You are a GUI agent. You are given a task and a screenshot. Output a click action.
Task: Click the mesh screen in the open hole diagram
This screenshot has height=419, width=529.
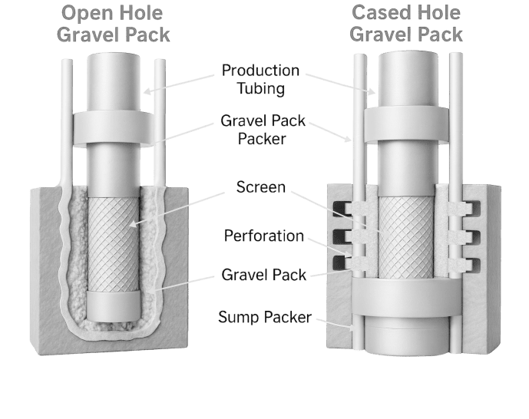(x=114, y=242)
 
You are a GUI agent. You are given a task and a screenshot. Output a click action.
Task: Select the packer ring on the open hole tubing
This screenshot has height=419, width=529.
(x=114, y=130)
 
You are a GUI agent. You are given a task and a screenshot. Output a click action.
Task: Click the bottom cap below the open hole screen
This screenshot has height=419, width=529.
(x=114, y=305)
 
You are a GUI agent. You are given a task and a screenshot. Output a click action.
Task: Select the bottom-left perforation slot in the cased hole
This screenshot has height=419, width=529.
(x=339, y=265)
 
